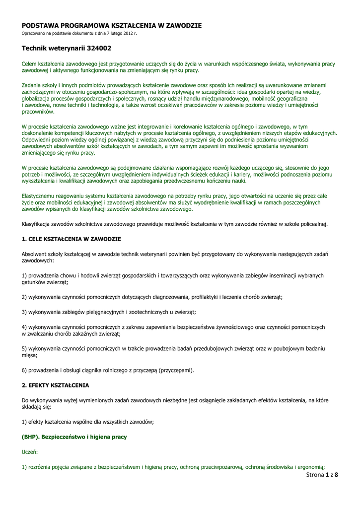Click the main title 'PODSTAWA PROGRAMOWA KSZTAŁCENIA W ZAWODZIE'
tap(112, 25)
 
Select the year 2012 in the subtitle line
tap(125, 33)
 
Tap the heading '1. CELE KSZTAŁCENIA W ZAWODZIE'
tap(72, 239)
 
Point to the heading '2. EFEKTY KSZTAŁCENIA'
tap(56, 385)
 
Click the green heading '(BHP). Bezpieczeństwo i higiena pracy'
tap(74, 437)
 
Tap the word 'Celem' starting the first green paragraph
tap(30, 64)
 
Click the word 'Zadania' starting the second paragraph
tap(32, 86)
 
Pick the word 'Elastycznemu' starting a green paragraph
tap(38, 196)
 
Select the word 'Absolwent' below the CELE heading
tap(34, 254)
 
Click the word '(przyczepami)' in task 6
tap(176, 370)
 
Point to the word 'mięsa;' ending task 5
tap(30, 355)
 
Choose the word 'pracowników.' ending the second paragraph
tap(37, 112)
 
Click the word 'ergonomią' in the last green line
tap(310, 467)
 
